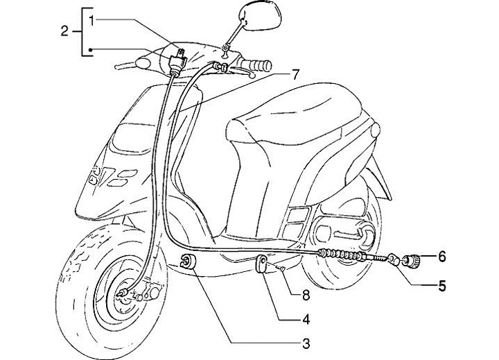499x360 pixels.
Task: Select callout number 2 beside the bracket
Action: click(x=64, y=31)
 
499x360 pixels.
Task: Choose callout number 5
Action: click(x=441, y=284)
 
